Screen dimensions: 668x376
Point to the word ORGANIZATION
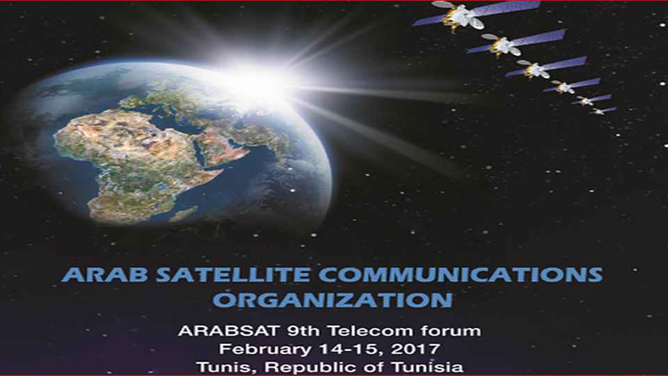(333, 300)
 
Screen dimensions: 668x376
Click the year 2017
(416, 349)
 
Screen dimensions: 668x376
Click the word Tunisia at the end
(427, 368)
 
